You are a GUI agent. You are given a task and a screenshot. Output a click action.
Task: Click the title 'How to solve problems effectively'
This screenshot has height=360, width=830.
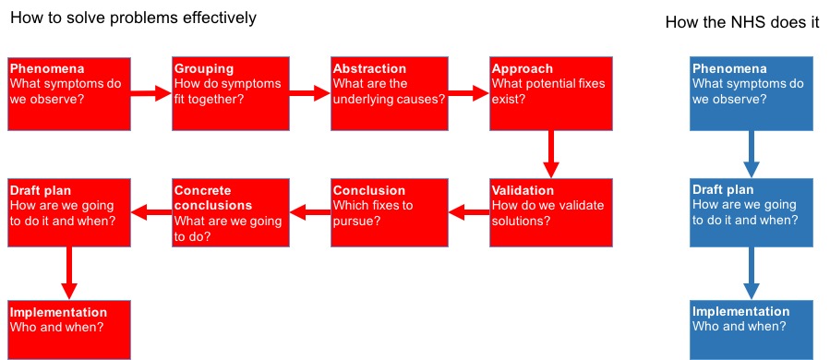[133, 18]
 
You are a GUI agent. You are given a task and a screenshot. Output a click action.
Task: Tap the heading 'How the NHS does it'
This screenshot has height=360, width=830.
[742, 22]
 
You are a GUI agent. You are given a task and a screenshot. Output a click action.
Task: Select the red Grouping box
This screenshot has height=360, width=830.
[231, 94]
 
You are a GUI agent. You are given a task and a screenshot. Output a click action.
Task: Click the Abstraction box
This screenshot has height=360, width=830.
[390, 94]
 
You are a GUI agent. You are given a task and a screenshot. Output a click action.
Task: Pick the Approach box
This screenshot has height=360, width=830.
[551, 94]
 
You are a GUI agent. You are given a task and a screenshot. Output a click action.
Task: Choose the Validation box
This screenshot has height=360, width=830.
[551, 212]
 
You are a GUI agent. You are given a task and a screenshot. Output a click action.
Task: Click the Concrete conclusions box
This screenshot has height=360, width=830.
[231, 212]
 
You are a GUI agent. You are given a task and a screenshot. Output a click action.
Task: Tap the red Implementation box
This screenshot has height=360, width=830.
[69, 330]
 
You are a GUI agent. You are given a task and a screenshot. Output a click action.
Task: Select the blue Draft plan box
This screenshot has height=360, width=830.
[752, 212]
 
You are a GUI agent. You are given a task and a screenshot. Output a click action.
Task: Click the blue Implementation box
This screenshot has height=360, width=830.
[752, 330]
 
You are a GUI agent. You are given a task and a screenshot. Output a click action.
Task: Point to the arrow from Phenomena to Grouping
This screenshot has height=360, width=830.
[151, 94]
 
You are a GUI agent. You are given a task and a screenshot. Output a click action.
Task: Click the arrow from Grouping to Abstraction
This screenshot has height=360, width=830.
[310, 94]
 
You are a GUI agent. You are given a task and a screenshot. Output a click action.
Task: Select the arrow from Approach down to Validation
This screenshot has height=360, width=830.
[551, 154]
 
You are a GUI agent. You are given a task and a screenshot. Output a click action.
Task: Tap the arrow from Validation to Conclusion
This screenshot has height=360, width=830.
[469, 213]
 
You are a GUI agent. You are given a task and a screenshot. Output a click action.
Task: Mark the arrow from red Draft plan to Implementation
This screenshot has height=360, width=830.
[69, 273]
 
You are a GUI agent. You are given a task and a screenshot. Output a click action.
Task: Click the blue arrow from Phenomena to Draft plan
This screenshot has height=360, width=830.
[752, 154]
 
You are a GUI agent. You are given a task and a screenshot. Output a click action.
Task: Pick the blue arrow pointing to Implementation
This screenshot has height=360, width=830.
[752, 273]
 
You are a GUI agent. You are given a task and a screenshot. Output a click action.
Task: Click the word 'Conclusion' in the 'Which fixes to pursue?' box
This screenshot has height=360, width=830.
[369, 190]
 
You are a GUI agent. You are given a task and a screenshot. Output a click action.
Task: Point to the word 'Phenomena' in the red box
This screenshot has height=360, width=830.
[47, 69]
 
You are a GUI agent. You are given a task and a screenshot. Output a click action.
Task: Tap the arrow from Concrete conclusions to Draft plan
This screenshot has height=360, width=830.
[151, 213]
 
